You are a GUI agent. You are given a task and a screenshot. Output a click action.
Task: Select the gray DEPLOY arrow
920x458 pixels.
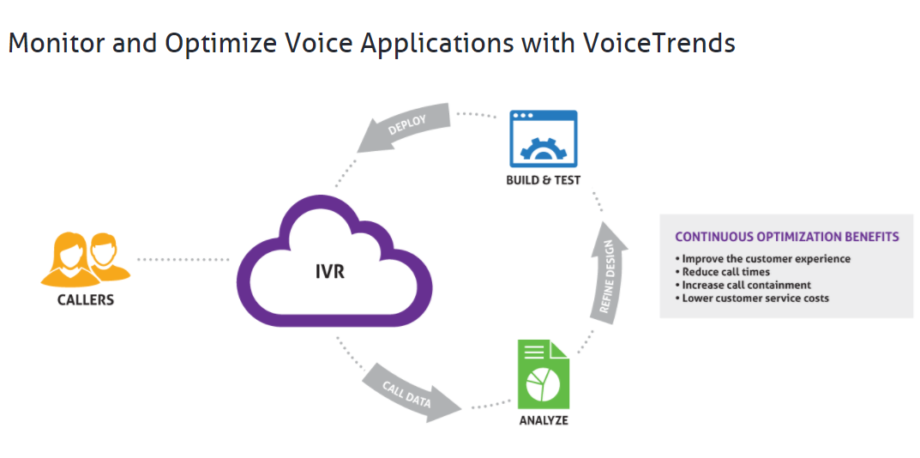coord(403,130)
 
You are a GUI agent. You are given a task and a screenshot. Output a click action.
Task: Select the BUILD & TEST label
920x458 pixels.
coord(544,181)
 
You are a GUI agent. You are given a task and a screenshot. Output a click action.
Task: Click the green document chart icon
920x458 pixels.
coord(544,375)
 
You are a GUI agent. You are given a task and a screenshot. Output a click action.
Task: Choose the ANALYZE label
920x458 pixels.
coord(544,421)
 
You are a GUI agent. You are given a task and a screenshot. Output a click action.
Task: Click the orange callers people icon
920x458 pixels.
coord(85,257)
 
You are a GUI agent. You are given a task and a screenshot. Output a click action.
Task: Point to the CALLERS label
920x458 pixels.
coord(85,300)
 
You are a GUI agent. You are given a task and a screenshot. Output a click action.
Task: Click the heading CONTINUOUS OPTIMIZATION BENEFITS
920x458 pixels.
coord(786,237)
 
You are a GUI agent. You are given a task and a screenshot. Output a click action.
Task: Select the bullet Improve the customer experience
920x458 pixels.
coord(763,258)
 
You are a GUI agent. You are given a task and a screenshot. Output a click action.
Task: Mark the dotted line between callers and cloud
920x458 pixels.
coord(183,259)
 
